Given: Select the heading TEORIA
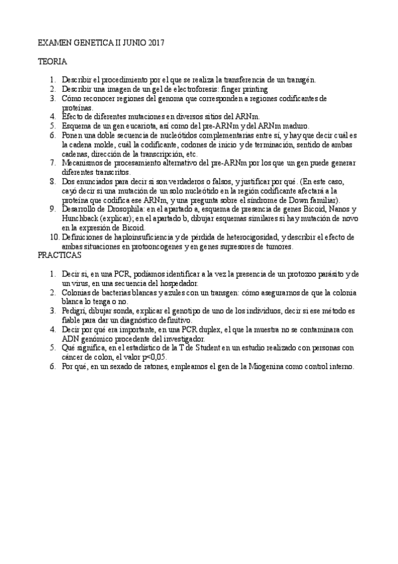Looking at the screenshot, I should click(52, 61).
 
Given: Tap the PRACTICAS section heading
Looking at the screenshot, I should click(59, 255).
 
